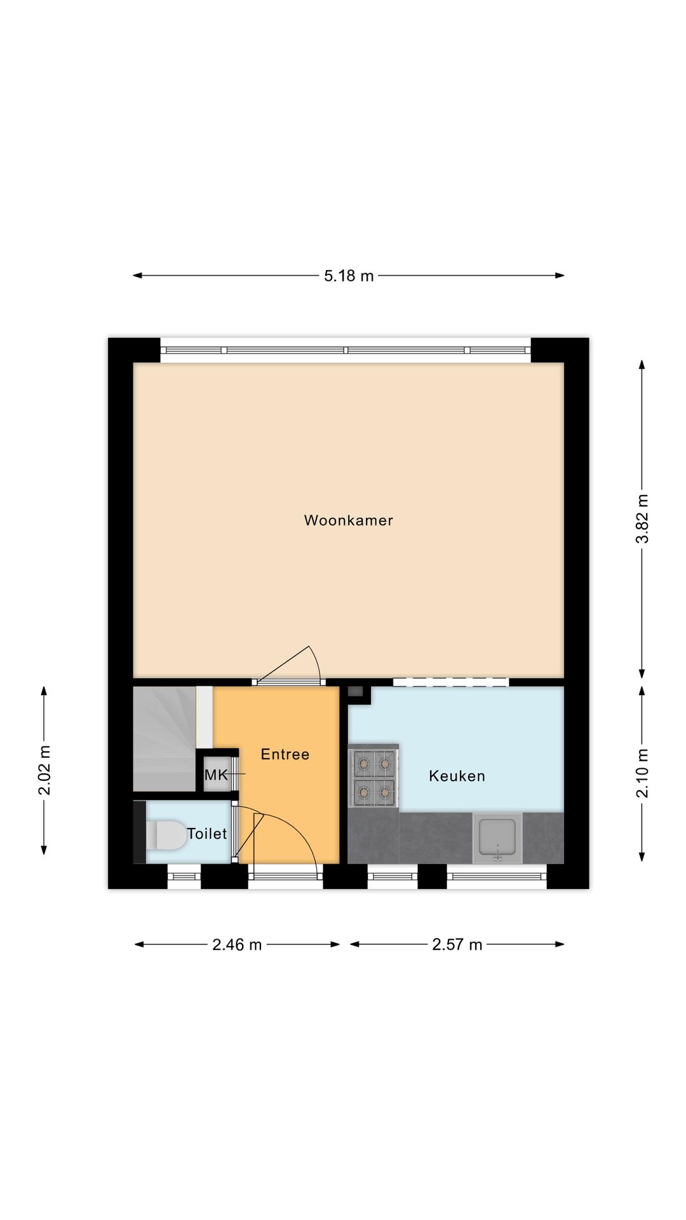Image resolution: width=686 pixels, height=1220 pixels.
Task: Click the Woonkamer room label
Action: (x=348, y=520)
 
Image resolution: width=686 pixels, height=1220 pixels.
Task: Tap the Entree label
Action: (x=285, y=754)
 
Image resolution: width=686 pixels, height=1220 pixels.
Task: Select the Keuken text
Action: (x=457, y=776)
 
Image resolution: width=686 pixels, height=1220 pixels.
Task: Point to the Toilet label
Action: (x=206, y=834)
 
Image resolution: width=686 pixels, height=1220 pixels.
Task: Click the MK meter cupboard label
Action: (x=216, y=775)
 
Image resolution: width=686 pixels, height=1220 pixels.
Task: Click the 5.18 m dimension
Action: (x=349, y=276)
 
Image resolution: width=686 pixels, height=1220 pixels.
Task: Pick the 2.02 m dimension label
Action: (x=44, y=770)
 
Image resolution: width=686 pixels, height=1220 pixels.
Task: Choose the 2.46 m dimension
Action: (x=237, y=945)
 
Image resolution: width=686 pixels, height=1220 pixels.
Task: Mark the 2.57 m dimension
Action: (x=457, y=945)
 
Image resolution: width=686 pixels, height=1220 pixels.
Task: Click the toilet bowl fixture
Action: (x=166, y=835)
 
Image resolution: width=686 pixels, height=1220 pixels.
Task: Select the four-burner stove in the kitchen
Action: (x=373, y=776)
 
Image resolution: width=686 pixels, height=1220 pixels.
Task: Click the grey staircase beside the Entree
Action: (x=164, y=738)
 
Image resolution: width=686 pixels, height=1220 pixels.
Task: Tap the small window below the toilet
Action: (x=184, y=876)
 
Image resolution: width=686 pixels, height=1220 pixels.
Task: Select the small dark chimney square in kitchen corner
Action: (x=356, y=691)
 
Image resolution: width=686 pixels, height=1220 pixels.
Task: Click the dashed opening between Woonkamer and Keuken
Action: (x=450, y=682)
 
